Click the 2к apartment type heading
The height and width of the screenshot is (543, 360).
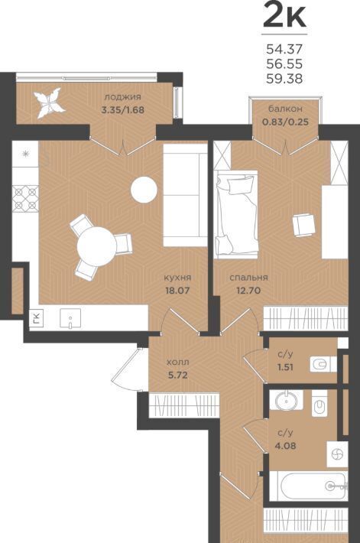point(284,15)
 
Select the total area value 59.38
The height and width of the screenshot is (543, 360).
point(284,79)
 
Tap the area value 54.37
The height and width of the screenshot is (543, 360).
point(284,49)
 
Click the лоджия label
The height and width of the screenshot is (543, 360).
point(122,97)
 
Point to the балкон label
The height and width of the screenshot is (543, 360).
point(286,109)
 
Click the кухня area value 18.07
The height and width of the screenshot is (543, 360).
point(177,290)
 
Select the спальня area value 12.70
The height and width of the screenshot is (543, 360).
point(248,290)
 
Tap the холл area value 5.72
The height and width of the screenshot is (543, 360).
point(178,375)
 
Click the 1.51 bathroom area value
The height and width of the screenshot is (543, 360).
point(285,367)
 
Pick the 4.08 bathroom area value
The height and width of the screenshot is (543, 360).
point(286,445)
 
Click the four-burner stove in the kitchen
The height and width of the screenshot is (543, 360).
point(25,198)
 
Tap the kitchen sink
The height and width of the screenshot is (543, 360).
point(70,319)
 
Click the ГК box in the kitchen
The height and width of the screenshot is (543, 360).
point(37,317)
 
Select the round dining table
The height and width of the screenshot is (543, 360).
point(96,246)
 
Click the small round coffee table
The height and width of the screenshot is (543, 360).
point(144,190)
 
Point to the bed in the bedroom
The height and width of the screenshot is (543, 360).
point(236,213)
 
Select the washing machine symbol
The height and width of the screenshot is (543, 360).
point(337,454)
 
